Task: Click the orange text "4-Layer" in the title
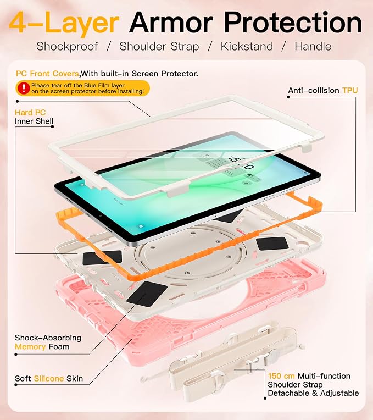click(x=64, y=23)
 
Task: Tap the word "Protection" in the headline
click(x=292, y=23)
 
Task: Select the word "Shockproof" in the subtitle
click(x=67, y=47)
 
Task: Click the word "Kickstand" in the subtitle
click(x=247, y=46)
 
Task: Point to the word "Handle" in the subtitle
click(x=313, y=46)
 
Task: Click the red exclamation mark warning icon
click(x=24, y=88)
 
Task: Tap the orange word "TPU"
click(x=350, y=91)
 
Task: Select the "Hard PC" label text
click(x=30, y=113)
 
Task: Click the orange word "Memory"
click(x=30, y=347)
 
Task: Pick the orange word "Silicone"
click(x=49, y=378)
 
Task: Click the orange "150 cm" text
click(x=281, y=376)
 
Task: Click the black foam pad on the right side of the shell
click(x=272, y=244)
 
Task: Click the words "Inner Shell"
click(x=34, y=121)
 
